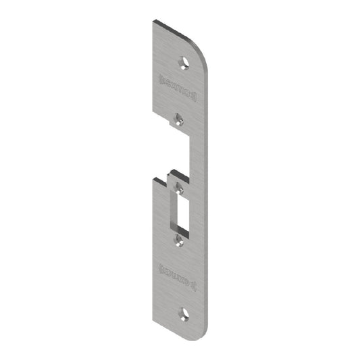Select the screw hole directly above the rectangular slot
pyautogui.click(x=179, y=182)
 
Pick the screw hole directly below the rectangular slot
pyautogui.click(x=179, y=238)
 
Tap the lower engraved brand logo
pyautogui.click(x=176, y=269)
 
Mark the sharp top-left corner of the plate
pyautogui.click(x=153, y=22)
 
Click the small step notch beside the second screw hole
pyautogui.click(x=172, y=123)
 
